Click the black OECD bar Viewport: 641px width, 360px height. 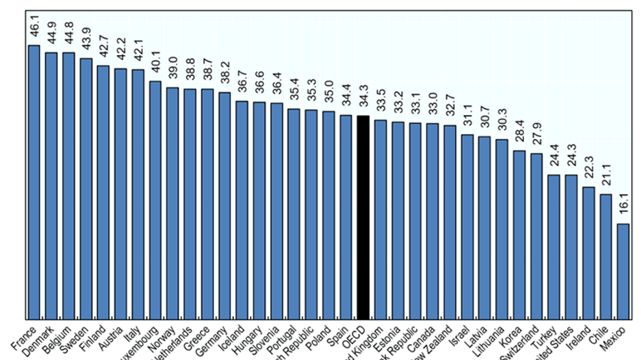click(363, 218)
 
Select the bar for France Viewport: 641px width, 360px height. click(34, 182)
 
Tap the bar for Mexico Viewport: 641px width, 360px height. click(622, 271)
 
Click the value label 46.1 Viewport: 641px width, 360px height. click(34, 30)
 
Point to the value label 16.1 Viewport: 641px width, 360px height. click(623, 208)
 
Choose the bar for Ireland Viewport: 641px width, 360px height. click(588, 253)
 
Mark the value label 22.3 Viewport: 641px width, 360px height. click(589, 171)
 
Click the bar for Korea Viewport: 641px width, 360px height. click(519, 235)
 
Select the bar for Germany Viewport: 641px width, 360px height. click(224, 206)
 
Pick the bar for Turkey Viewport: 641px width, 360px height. click(554, 247)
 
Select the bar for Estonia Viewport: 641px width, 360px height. click(398, 221)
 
